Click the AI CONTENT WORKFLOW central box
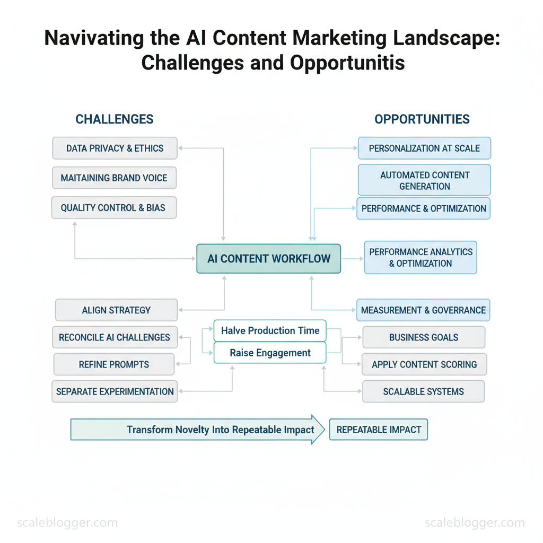(x=268, y=259)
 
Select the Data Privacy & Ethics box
(x=115, y=148)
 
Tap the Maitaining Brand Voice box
(x=114, y=178)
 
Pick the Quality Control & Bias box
(x=113, y=208)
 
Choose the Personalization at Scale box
(x=424, y=148)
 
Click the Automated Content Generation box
(x=424, y=180)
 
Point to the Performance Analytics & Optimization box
(x=421, y=258)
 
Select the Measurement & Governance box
(x=423, y=310)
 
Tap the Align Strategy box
(x=116, y=310)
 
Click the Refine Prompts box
(x=114, y=364)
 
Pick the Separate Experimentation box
(x=115, y=391)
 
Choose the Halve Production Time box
(x=270, y=331)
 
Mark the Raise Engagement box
(x=270, y=353)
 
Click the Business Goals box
(x=423, y=337)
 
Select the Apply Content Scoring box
(x=424, y=364)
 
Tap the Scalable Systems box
(x=423, y=391)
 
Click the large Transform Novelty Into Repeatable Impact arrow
(x=197, y=430)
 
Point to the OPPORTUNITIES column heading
(x=422, y=119)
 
